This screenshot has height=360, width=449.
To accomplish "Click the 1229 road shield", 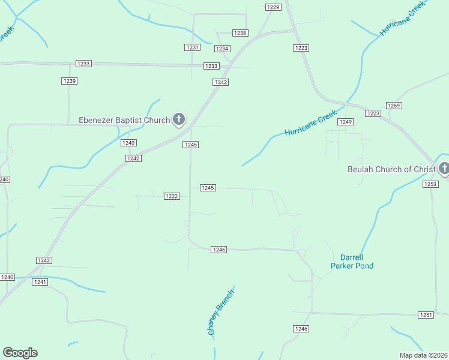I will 274,7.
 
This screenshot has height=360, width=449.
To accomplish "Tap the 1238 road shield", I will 240,33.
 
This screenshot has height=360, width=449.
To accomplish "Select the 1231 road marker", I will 192,47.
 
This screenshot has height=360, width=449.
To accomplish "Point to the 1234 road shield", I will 222,49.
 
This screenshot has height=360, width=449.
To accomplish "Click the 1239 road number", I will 69,81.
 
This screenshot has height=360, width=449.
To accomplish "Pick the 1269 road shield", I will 394,106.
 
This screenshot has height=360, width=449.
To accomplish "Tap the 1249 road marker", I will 345,122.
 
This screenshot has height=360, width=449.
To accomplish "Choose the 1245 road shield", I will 208,188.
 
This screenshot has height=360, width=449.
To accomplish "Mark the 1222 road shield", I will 172,196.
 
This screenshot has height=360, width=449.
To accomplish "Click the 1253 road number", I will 430,184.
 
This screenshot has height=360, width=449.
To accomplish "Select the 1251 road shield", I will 426,315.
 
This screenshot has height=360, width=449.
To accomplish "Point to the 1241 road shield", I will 40,282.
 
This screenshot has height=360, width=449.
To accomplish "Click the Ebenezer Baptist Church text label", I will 124,120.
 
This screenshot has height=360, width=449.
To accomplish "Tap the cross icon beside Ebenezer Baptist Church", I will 178,119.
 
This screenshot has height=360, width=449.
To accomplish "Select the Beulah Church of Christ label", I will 391,169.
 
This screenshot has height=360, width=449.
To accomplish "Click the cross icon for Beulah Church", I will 444,169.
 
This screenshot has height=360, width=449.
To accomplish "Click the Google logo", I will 20,353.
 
